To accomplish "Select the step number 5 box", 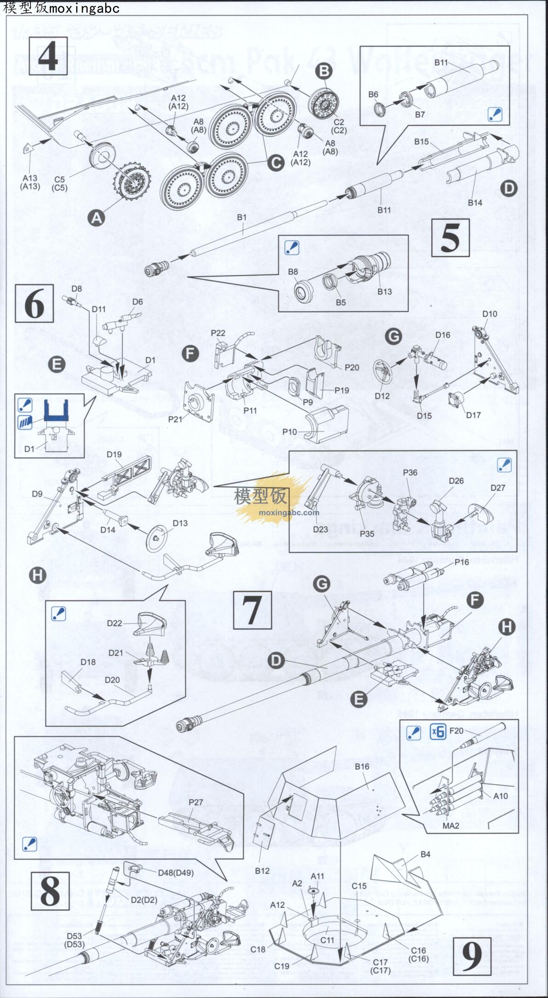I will (450, 237).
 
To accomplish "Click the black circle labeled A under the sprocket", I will (97, 218).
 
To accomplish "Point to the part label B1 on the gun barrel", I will (242, 217).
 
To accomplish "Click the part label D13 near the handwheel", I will (180, 523).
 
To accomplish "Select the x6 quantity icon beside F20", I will (438, 731).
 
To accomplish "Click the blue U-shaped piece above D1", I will (56, 410).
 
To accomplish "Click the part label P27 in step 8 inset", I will (196, 802).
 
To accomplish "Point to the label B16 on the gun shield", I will (362, 767).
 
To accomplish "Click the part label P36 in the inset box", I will (410, 473).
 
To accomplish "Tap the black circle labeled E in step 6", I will (57, 365).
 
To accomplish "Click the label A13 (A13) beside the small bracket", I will (30, 182).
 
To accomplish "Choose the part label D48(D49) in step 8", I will (176, 873).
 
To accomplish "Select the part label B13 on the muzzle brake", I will (384, 291).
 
